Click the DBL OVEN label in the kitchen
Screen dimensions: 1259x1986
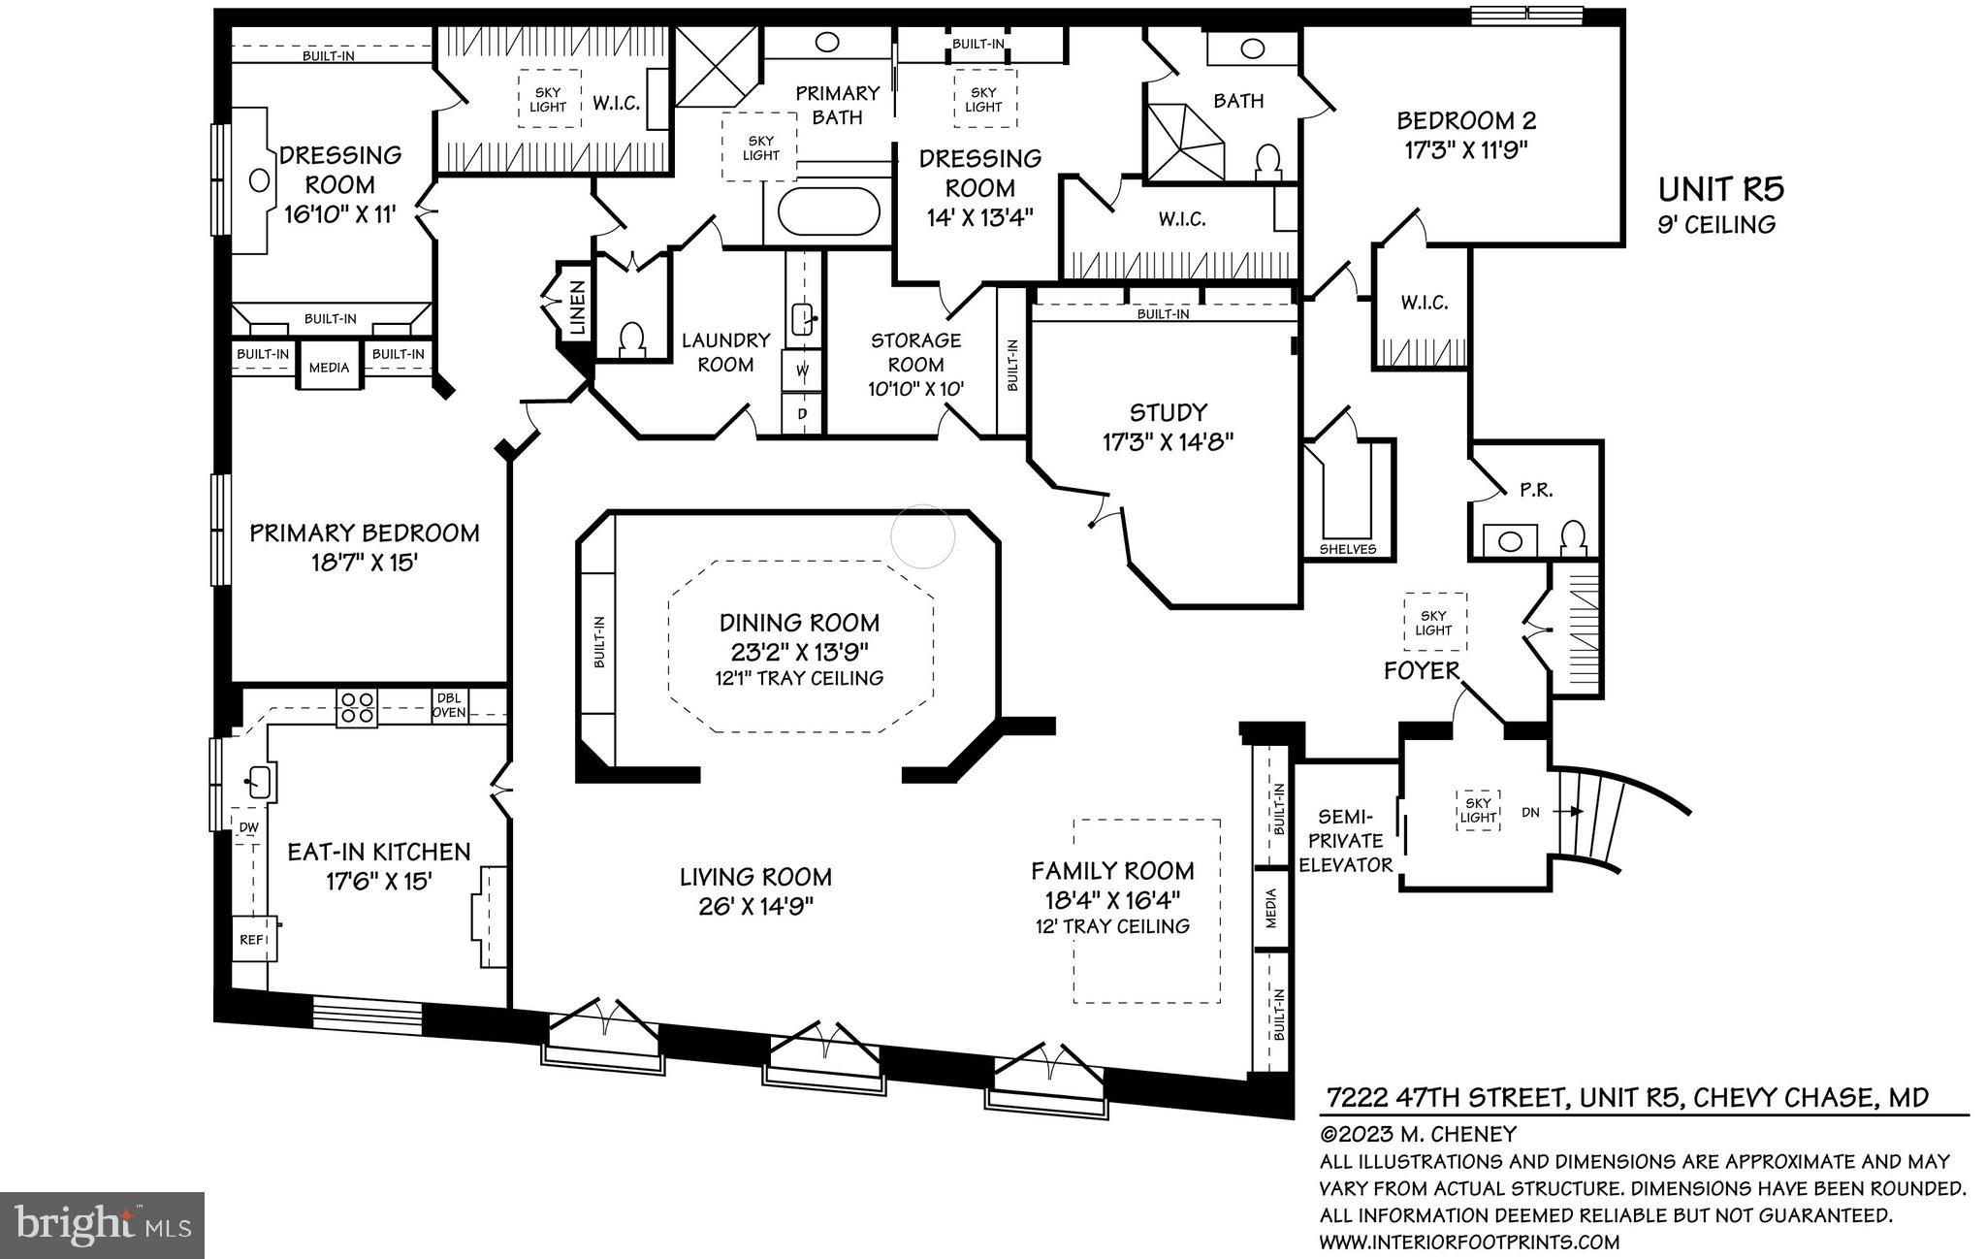pos(450,705)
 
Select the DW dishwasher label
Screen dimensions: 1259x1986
pos(248,827)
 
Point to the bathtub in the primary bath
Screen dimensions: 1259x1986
pos(830,210)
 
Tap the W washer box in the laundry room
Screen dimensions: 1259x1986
pos(803,370)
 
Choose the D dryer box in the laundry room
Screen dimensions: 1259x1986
pos(803,413)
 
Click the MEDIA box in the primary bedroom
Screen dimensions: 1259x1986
pos(329,368)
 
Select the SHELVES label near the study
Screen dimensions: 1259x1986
pos(1348,549)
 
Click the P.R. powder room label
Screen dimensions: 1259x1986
pos(1536,491)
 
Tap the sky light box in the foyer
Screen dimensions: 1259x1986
pos(1434,623)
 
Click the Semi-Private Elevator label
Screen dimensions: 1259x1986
pos(1345,840)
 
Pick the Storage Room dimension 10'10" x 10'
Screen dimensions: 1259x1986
pos(915,389)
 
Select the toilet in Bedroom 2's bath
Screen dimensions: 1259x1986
pos(1268,160)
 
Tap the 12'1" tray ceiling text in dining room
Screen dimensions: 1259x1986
pos(799,679)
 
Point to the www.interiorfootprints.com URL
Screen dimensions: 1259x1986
pos(1468,1242)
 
